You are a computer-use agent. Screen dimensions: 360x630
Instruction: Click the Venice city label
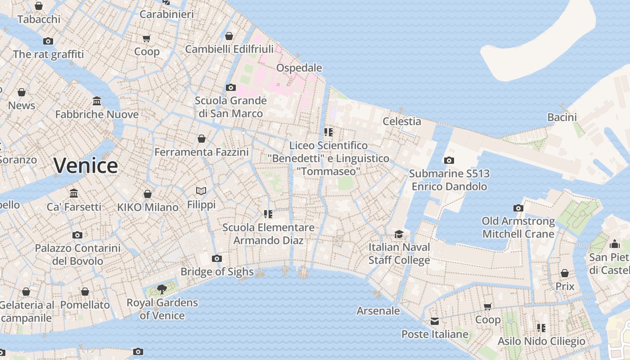[85, 166]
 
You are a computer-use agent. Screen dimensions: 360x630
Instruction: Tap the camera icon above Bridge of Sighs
[217, 258]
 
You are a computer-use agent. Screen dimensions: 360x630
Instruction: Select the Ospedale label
[299, 68]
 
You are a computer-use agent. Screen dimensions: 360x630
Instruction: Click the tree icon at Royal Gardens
[162, 289]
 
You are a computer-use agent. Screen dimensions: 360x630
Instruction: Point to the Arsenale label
[378, 310]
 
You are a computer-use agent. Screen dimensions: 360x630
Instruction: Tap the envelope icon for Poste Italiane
[435, 321]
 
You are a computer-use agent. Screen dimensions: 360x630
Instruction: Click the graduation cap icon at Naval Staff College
[399, 234]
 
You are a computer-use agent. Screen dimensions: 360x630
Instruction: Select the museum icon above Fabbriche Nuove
[97, 101]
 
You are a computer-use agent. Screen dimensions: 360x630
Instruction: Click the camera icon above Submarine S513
[449, 160]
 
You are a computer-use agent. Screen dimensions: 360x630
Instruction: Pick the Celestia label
[402, 121]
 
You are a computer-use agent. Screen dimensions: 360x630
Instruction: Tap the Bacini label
[562, 117]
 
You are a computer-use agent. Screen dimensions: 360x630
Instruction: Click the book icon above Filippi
[201, 191]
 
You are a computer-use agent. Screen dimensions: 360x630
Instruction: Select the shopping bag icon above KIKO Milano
[148, 194]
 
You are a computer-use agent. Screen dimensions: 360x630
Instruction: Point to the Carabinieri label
[166, 14]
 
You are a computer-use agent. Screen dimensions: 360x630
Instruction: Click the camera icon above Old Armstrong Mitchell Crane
[518, 208]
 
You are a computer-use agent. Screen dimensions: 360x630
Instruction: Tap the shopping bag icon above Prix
[565, 273]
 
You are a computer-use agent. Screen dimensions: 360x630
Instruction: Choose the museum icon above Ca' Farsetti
[74, 193]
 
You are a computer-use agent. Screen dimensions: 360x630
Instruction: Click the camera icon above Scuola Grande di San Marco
[231, 87]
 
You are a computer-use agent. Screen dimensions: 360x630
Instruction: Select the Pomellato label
[85, 305]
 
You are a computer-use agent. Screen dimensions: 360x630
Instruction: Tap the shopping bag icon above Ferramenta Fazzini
[202, 139]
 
